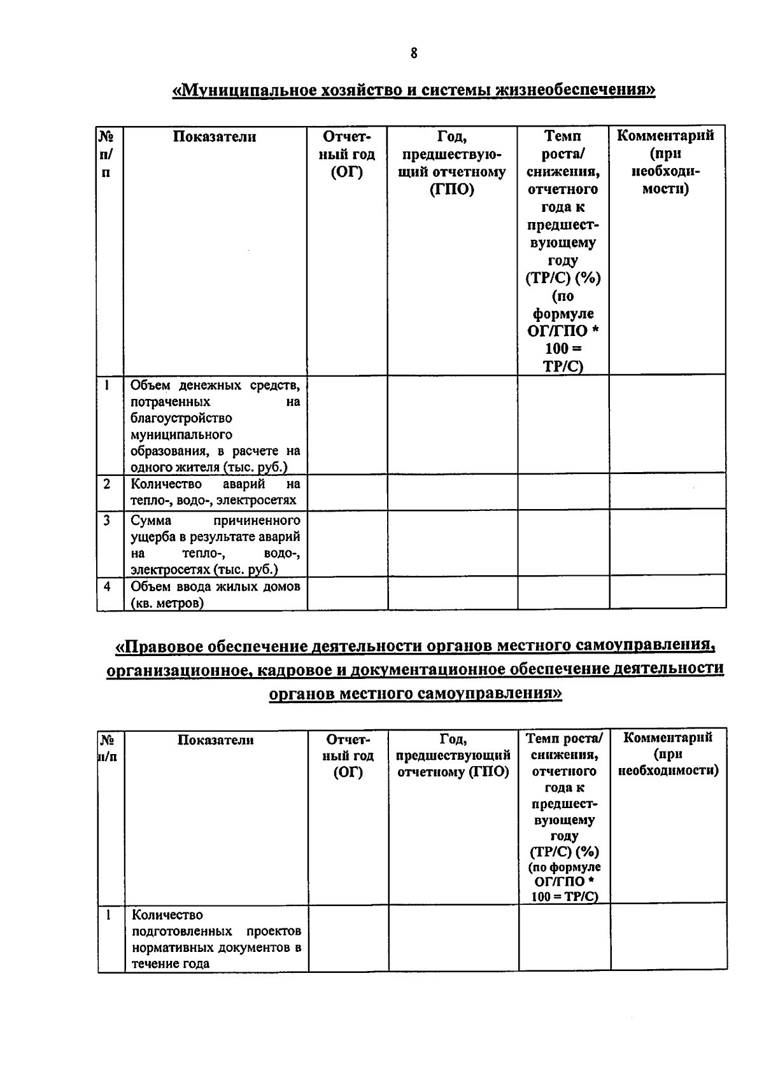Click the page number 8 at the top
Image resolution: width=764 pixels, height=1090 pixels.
click(x=414, y=53)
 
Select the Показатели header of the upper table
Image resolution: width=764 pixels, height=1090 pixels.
click(x=215, y=137)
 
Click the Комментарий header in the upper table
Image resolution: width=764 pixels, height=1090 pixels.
click(x=666, y=136)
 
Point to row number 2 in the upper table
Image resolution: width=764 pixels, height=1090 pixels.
click(x=107, y=484)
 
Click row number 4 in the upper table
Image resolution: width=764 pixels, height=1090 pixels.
click(x=107, y=587)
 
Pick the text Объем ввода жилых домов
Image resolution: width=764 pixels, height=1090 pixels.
click(x=215, y=587)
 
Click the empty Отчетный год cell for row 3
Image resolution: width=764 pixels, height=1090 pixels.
click(x=348, y=544)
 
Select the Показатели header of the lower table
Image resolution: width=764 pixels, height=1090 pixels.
click(x=215, y=740)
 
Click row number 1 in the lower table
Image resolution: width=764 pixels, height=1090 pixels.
click(x=109, y=915)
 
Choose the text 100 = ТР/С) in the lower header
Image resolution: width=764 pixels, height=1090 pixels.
click(x=563, y=897)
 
